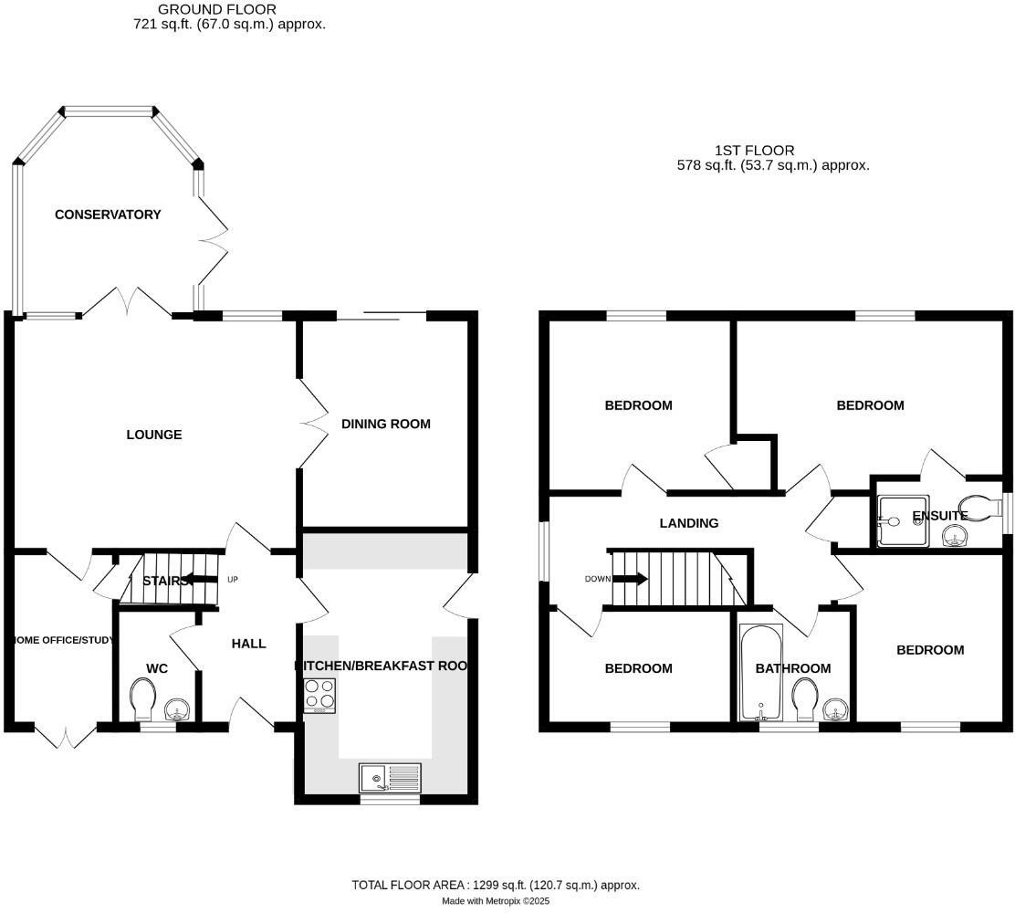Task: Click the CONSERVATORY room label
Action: (x=108, y=215)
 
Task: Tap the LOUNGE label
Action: (x=153, y=435)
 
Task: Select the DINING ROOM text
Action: (x=385, y=424)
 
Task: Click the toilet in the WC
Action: (x=144, y=699)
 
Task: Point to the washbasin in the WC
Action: (x=177, y=709)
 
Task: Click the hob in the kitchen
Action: (x=319, y=697)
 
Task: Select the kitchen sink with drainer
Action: (x=390, y=778)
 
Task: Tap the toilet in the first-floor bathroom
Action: (x=804, y=699)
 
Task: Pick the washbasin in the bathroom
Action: (x=834, y=709)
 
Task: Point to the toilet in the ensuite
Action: (x=977, y=509)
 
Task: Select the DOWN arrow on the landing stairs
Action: (x=630, y=579)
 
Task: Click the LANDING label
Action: (x=689, y=523)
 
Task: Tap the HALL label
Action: (x=248, y=644)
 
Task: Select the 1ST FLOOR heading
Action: (x=754, y=150)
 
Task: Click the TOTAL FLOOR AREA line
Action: (x=496, y=885)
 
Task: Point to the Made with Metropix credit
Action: (x=496, y=901)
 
